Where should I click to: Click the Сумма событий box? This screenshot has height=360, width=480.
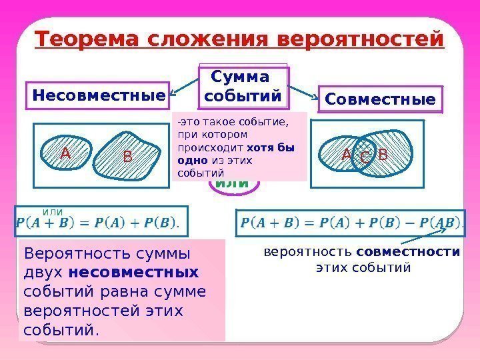tap(244, 87)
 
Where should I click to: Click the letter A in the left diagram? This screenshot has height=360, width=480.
tap(65, 154)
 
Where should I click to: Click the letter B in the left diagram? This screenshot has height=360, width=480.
tap(128, 158)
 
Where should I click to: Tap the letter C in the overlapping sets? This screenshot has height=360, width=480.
tap(365, 158)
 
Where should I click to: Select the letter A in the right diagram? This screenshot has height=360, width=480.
tap(346, 155)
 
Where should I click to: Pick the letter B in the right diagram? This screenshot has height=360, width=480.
tap(383, 155)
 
